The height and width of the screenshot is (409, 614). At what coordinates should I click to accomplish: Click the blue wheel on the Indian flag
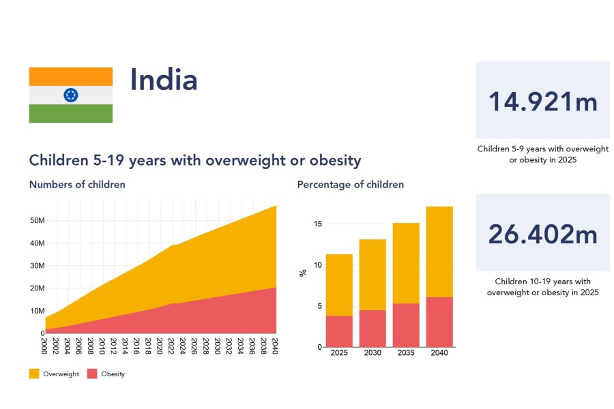70,95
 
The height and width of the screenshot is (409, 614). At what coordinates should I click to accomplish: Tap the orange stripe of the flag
70,76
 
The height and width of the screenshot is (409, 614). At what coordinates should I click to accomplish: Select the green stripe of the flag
70,113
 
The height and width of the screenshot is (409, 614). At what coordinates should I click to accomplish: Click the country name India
164,80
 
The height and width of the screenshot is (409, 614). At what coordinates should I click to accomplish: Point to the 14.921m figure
542,102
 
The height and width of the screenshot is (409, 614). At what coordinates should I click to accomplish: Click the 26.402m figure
542,234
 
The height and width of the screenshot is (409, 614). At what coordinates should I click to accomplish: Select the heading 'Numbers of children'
77,185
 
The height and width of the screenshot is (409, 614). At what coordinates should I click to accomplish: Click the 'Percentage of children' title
350,185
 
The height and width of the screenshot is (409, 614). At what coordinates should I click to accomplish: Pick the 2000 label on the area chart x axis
45,344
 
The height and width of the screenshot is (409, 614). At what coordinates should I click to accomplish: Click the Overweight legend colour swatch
34,374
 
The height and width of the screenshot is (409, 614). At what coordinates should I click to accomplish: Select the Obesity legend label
113,374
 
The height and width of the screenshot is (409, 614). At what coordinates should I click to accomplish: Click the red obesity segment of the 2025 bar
339,331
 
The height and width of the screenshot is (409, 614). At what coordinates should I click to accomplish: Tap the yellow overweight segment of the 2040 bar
439,252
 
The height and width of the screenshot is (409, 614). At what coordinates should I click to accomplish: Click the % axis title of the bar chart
303,273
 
